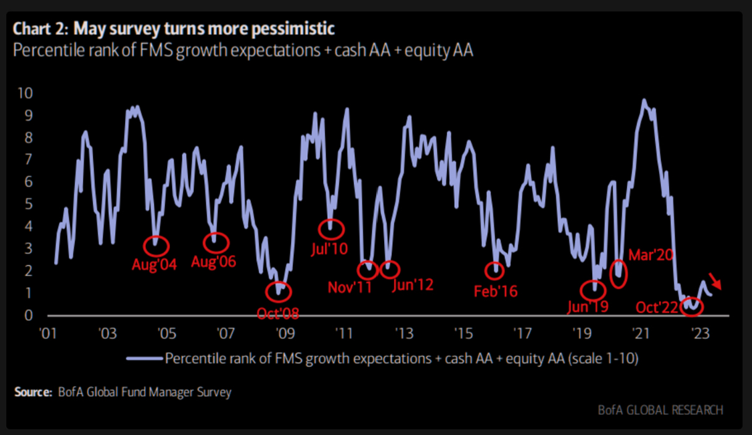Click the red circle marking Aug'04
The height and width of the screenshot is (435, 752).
point(157,245)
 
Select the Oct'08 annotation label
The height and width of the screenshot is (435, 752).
point(278,313)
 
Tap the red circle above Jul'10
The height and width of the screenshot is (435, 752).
point(331,229)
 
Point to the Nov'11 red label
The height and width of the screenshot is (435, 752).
point(349,288)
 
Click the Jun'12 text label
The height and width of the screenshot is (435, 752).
point(412,284)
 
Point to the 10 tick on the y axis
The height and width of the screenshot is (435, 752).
point(23,93)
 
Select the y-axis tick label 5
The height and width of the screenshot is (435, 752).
point(27,204)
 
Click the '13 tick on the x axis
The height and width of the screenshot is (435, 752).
point(403,333)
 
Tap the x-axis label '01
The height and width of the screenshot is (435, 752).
point(48,333)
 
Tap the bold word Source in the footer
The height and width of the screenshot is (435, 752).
point(32,392)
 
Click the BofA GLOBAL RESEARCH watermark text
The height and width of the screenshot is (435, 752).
point(660,410)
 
